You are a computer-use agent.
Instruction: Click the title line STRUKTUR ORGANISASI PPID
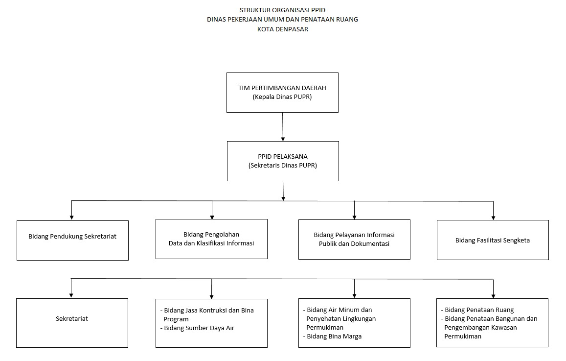click(282, 10)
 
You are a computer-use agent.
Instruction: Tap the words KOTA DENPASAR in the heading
click(283, 29)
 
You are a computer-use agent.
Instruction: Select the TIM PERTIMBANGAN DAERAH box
click(282, 93)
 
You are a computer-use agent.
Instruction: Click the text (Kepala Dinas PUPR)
click(282, 97)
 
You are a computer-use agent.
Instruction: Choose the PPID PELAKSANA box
click(283, 161)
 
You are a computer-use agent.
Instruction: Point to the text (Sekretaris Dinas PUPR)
click(283, 166)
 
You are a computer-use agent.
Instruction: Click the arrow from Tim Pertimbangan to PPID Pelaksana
click(283, 127)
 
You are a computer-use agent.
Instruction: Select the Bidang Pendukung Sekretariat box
click(72, 241)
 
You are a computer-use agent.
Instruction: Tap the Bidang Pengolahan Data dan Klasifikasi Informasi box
click(211, 239)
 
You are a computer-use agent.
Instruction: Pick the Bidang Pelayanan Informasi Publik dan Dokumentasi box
click(354, 240)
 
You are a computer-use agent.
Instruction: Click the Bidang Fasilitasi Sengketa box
click(493, 240)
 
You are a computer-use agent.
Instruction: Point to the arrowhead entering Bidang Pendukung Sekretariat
click(71, 217)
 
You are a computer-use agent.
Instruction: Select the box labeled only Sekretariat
click(72, 323)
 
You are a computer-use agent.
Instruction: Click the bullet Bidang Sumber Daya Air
click(197, 328)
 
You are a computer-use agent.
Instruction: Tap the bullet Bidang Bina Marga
click(332, 337)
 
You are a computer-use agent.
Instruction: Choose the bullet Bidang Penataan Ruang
click(477, 310)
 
